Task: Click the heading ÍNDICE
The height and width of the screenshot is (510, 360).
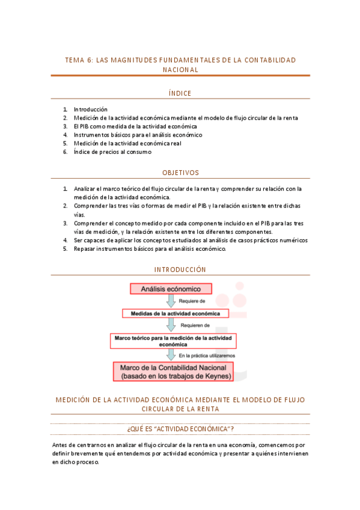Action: click(x=180, y=93)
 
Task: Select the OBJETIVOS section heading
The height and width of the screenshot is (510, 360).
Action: click(x=180, y=173)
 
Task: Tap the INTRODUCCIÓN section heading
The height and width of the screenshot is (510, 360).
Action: click(x=180, y=269)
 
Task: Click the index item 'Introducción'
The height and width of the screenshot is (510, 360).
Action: click(x=90, y=109)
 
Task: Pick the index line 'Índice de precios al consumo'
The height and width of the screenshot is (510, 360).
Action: click(x=112, y=152)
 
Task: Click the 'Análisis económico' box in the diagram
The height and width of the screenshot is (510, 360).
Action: click(x=171, y=289)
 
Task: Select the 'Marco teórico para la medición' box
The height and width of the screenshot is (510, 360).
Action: click(x=174, y=341)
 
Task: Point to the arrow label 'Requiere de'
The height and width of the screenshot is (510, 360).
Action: click(x=192, y=301)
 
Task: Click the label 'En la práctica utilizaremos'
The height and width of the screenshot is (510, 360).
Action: click(x=207, y=355)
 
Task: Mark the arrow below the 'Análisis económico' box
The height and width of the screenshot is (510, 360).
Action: click(x=171, y=301)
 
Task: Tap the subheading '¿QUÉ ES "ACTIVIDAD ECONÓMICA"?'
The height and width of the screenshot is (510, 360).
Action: click(x=180, y=428)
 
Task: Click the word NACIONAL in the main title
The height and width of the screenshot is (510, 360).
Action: click(x=180, y=70)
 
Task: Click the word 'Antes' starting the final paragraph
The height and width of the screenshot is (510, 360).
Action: click(x=59, y=444)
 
